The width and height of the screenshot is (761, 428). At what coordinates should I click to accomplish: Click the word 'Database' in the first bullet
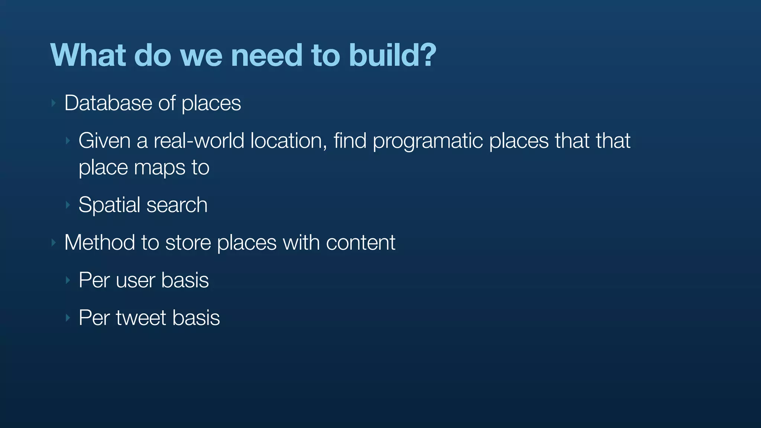click(108, 103)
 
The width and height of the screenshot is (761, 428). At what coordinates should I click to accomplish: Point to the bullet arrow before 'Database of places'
click(54, 103)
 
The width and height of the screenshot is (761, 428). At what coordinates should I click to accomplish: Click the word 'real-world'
click(199, 141)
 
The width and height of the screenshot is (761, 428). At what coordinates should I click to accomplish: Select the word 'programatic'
click(427, 142)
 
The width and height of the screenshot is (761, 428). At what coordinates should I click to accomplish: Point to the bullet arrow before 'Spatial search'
click(68, 205)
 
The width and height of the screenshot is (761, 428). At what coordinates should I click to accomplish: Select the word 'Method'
click(100, 243)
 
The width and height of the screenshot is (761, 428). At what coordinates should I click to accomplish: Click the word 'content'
click(360, 243)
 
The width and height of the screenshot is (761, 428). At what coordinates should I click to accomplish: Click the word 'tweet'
click(140, 318)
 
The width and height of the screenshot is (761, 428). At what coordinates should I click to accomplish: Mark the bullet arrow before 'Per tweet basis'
click(68, 318)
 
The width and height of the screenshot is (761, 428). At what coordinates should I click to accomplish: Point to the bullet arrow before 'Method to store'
click(54, 243)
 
